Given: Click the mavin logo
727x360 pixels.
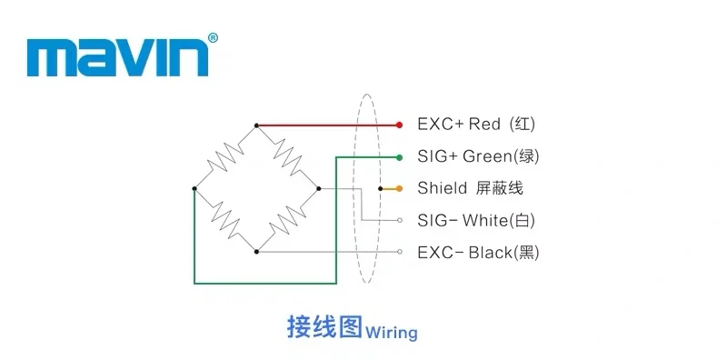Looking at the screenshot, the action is click(x=117, y=57).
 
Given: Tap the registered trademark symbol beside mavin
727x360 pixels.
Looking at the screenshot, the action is click(x=213, y=38).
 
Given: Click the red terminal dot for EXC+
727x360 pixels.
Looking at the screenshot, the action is click(x=399, y=125).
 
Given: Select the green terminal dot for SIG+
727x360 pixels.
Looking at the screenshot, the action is click(x=399, y=158).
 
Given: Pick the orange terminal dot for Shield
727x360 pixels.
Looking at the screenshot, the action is click(x=399, y=189).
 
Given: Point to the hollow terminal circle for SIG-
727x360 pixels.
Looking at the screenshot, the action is click(x=400, y=220).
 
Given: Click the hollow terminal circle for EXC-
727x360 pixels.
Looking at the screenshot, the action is click(x=400, y=252).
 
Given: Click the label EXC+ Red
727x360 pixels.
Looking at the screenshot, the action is click(x=459, y=125).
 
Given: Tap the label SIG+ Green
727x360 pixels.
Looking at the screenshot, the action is click(x=464, y=156).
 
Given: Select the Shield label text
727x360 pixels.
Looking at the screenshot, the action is click(x=443, y=188).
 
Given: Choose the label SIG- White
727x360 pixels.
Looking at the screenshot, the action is click(x=463, y=220).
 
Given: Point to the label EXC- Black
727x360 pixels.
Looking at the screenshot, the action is click(x=464, y=253).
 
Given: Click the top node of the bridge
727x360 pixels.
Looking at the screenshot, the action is click(x=256, y=125).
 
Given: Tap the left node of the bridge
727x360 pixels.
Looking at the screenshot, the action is click(x=194, y=188).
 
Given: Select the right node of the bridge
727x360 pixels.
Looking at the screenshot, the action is click(x=319, y=188).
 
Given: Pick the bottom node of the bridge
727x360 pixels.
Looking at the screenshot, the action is click(x=256, y=252).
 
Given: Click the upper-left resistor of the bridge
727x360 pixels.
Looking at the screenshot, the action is click(x=225, y=156).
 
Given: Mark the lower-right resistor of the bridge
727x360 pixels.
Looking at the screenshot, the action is click(x=287, y=220).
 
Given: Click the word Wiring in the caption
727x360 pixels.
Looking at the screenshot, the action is click(x=392, y=333).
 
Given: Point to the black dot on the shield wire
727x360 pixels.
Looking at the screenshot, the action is click(x=380, y=189).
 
